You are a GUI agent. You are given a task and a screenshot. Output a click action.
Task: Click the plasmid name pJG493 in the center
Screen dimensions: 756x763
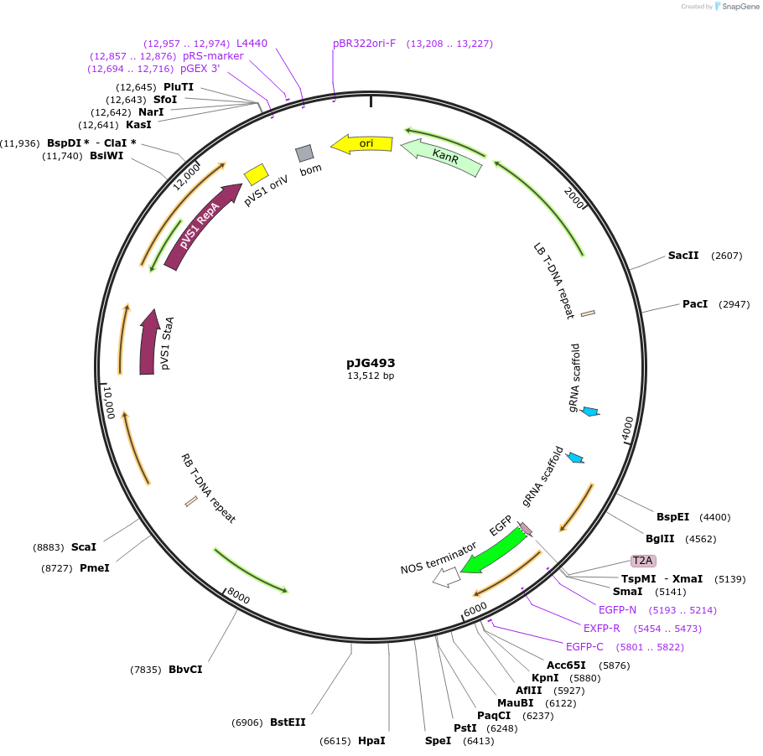tap(371, 363)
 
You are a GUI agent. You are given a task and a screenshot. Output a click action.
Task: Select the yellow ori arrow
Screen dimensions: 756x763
tap(363, 144)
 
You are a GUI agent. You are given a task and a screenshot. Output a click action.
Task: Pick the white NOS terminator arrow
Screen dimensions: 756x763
tap(446, 577)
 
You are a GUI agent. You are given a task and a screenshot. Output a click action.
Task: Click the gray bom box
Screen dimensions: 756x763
tap(304, 153)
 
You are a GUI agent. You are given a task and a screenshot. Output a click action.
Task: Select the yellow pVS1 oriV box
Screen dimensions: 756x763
tap(256, 174)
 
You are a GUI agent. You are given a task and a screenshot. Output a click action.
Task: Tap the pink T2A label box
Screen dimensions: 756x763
tap(643, 561)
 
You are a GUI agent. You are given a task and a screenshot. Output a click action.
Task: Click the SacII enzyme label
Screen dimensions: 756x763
tap(683, 256)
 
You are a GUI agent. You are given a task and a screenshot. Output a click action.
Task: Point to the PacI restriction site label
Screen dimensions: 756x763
tap(695, 304)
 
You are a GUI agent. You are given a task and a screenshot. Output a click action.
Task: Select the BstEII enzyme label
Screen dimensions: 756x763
tap(288, 722)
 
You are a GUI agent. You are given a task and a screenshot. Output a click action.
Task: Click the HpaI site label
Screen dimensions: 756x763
tap(371, 741)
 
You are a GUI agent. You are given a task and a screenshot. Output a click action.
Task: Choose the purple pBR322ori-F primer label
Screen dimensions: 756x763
tap(364, 44)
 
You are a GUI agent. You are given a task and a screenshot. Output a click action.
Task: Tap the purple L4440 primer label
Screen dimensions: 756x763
tap(252, 43)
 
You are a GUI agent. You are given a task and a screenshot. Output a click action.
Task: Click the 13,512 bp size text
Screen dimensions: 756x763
tap(371, 376)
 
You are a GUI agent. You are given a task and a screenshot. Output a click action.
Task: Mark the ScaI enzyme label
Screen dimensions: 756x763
tap(84, 547)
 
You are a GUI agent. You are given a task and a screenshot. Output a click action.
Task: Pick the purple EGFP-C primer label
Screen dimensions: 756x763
tap(584, 647)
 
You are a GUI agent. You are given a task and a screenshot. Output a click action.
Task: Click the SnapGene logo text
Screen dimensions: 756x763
tap(740, 7)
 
